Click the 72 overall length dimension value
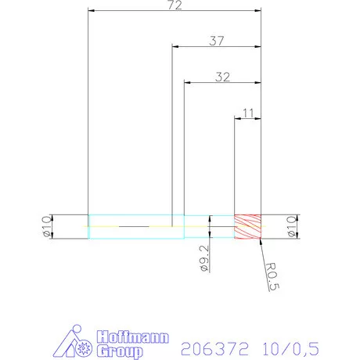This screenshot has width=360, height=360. (174, 5)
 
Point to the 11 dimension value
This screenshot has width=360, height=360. (248, 113)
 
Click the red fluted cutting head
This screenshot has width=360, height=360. (247, 226)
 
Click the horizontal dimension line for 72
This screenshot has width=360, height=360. (174, 11)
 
